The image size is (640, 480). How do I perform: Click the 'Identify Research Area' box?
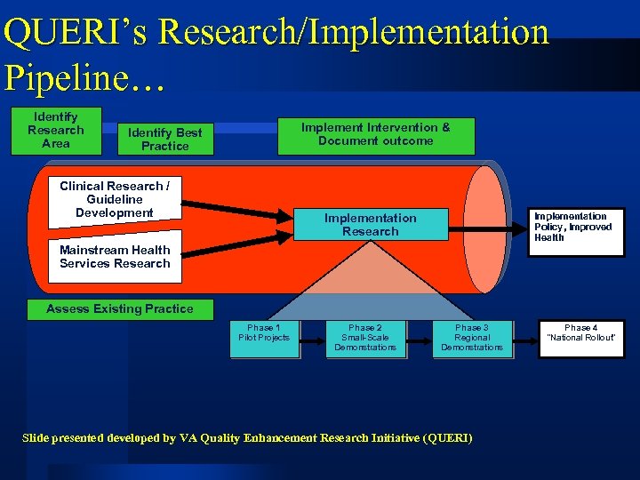tap(55, 131)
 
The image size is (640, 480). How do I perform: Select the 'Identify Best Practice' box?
tap(165, 139)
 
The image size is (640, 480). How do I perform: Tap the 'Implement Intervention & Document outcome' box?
tap(375, 135)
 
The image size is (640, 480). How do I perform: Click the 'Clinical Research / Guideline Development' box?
tap(113, 199)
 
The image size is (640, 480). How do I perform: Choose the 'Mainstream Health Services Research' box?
tap(115, 257)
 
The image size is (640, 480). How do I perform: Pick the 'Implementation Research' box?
tap(370, 225)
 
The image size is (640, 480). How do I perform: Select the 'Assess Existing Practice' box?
tap(119, 309)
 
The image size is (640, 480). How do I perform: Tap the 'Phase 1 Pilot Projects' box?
tap(264, 339)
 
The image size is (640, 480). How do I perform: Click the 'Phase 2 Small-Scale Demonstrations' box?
tap(365, 339)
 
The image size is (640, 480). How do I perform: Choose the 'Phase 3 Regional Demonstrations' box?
tap(471, 339)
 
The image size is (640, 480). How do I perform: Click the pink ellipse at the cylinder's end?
tap(484, 228)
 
